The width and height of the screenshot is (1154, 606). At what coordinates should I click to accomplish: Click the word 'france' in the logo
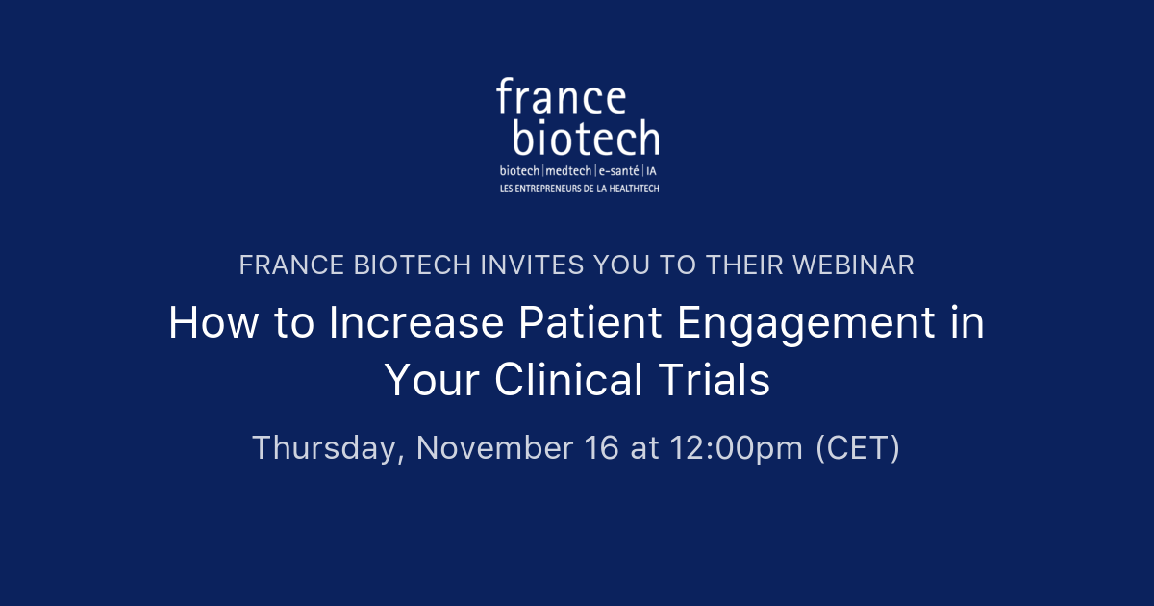pos(561,98)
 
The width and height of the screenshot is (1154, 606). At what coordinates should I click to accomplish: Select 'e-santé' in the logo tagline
pos(619,171)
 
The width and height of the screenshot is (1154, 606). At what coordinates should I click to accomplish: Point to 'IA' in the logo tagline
pos(652,171)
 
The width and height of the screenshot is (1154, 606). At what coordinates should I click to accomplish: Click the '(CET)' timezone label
pos(858,448)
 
